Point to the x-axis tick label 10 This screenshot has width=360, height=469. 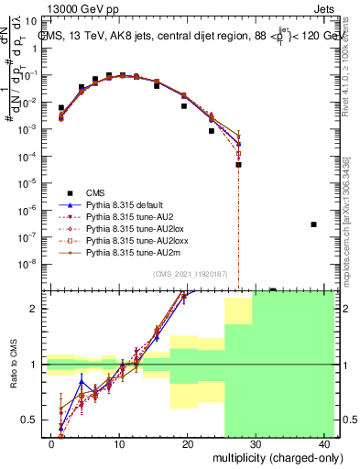tap(119, 443)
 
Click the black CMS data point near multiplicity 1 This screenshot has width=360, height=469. tap(61, 108)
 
